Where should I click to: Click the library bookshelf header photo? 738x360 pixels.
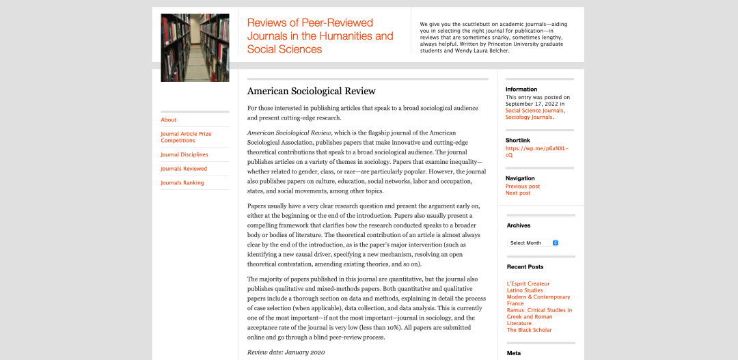[195, 48]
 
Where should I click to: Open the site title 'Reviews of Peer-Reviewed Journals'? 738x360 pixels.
[320, 36]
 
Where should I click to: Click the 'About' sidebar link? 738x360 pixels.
[169, 120]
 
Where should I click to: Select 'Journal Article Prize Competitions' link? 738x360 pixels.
[186, 137]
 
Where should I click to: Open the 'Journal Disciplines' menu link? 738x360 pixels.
[184, 154]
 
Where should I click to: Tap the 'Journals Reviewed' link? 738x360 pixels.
[184, 169]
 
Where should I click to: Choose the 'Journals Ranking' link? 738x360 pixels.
[182, 183]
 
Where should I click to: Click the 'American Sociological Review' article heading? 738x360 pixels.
[311, 91]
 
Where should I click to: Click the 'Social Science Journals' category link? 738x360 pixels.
[534, 110]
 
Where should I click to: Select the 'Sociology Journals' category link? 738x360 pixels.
[529, 117]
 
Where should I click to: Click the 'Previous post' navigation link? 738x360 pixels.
[523, 186]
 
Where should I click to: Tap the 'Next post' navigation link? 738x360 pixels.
[518, 193]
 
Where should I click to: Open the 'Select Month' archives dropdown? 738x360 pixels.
[534, 243]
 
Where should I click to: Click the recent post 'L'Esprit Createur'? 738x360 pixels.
[528, 283]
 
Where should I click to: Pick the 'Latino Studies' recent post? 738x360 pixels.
[525, 290]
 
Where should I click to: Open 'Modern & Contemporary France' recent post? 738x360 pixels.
[538, 301]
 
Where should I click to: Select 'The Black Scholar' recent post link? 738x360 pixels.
[529, 330]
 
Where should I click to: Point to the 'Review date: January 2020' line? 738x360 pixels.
[286, 352]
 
